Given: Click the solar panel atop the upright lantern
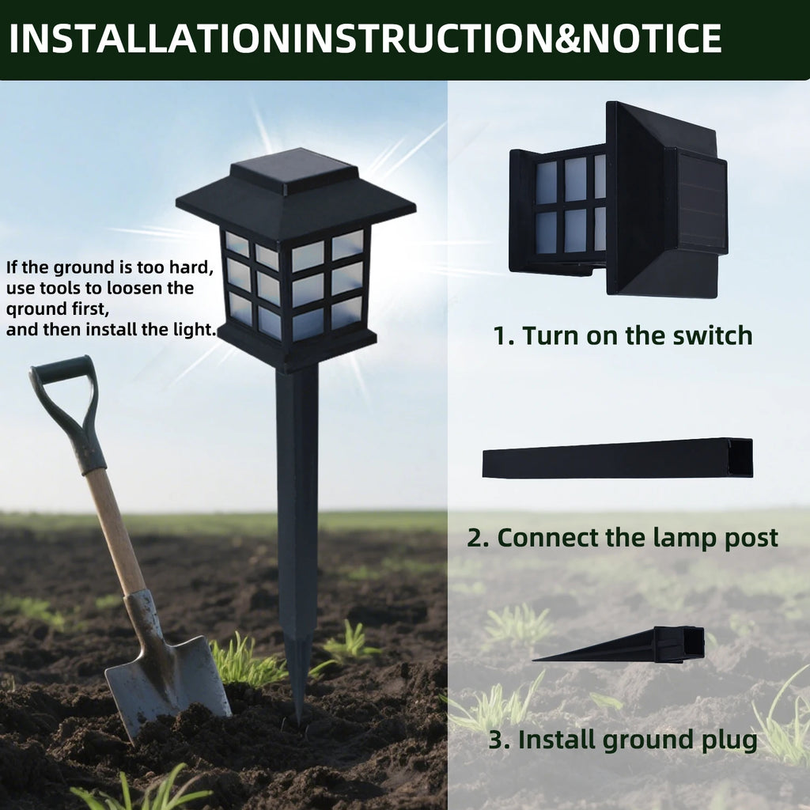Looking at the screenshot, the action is [294, 171].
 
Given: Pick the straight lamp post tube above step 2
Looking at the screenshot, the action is [617, 459].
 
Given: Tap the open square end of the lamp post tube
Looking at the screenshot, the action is [740, 458].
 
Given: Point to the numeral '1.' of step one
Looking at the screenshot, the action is [504, 335].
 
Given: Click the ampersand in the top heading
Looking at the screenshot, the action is [568, 38].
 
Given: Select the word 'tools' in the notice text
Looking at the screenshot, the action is [60, 288].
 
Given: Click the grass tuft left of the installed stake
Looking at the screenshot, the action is [248, 661].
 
